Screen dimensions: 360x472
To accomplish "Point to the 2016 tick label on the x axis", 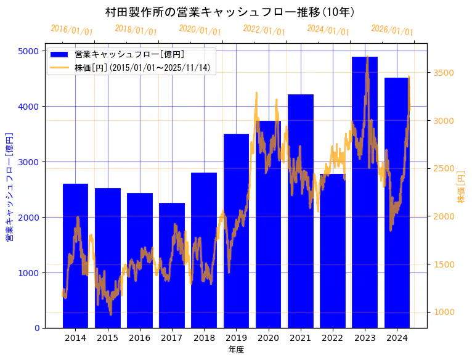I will coord(140,338).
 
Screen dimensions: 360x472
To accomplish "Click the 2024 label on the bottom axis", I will coord(397,338).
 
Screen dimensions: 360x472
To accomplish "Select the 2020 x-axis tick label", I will coord(268,338).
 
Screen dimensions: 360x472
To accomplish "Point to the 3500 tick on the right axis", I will coord(444,73).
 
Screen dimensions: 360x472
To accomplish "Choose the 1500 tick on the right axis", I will coord(444,264).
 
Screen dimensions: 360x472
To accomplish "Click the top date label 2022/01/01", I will coord(264,30).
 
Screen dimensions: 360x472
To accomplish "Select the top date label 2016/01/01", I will coord(71,30).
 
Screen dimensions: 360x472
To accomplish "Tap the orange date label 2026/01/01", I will coord(392,30).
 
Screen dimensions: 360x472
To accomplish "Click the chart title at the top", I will coord(230,12).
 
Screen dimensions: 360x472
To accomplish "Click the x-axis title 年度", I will coord(236,350).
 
